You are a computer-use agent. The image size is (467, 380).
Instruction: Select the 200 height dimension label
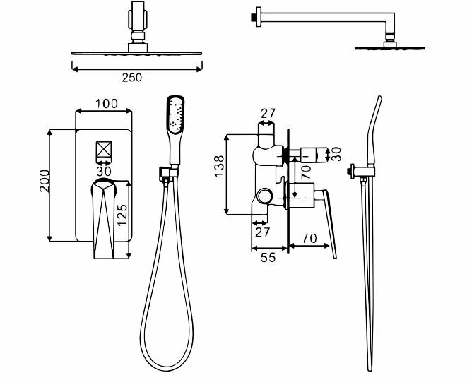44,184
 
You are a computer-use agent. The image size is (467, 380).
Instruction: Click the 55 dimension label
268,259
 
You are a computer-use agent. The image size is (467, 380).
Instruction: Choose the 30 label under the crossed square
105,170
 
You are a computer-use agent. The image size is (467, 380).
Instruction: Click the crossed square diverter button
105,151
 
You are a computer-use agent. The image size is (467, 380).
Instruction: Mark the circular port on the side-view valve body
266,197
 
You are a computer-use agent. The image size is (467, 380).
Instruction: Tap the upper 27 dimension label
268,113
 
